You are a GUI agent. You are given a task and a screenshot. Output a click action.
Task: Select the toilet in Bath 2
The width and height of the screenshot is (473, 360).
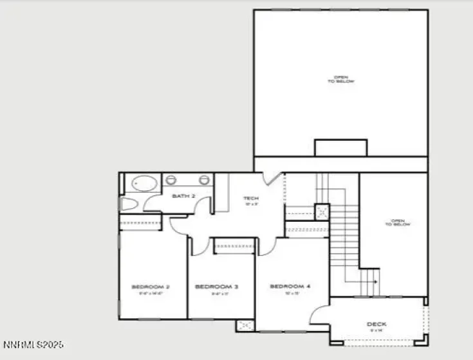click(128, 204)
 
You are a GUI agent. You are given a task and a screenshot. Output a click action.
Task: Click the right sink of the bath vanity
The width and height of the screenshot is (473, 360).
click(205, 180)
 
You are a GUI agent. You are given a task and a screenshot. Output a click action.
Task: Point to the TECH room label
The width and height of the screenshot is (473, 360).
click(250, 199)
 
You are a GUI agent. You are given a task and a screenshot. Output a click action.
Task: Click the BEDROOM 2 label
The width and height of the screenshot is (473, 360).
click(151, 287)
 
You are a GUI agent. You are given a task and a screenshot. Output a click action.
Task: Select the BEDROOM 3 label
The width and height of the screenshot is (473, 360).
click(217, 287)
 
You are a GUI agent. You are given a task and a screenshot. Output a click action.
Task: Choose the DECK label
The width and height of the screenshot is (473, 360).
click(376, 325)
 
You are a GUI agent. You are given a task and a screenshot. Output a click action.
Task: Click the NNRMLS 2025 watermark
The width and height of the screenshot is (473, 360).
click(33, 345)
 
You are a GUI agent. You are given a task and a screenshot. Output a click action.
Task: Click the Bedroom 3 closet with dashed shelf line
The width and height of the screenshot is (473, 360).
click(234, 246)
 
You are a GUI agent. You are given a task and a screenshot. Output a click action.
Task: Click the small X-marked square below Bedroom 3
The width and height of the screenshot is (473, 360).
click(245, 325)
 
